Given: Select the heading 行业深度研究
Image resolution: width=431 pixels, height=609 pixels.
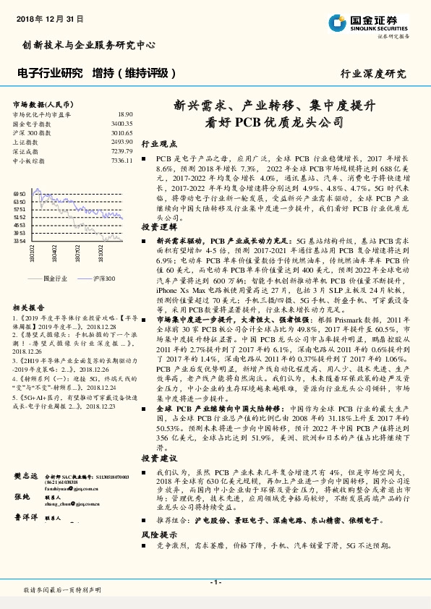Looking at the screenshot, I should tap(373, 74).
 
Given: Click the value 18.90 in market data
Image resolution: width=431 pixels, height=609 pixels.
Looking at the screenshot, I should tap(125, 115).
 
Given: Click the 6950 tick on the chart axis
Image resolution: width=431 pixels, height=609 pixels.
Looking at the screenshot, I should tap(20, 195).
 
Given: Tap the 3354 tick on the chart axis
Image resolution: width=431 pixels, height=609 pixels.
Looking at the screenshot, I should tap(20, 241).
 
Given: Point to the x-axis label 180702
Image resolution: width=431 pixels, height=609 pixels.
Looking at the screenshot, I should tap(76, 255).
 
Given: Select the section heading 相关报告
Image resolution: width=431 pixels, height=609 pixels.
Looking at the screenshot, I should tap(28, 307).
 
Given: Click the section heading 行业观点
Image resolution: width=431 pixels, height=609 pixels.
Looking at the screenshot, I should tap(158, 144).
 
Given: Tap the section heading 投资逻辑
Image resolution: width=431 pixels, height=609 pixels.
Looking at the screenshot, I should tap(158, 226).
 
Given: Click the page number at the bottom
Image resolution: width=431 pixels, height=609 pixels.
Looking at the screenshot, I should tap(215, 582).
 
